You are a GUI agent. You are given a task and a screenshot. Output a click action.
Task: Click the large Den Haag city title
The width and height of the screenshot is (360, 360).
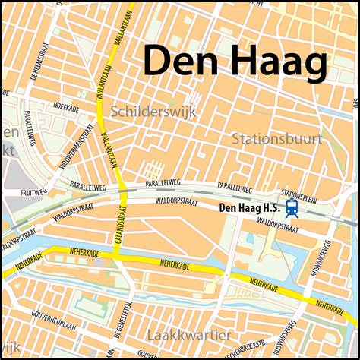pos(235,60)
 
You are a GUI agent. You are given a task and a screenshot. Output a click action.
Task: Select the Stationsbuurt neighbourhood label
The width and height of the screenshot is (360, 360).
pos(276,139)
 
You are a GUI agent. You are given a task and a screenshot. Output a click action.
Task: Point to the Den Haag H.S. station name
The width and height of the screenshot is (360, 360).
pos(248,207)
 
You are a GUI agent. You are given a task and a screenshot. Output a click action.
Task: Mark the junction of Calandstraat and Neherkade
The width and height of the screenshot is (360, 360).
pos(118,255)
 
